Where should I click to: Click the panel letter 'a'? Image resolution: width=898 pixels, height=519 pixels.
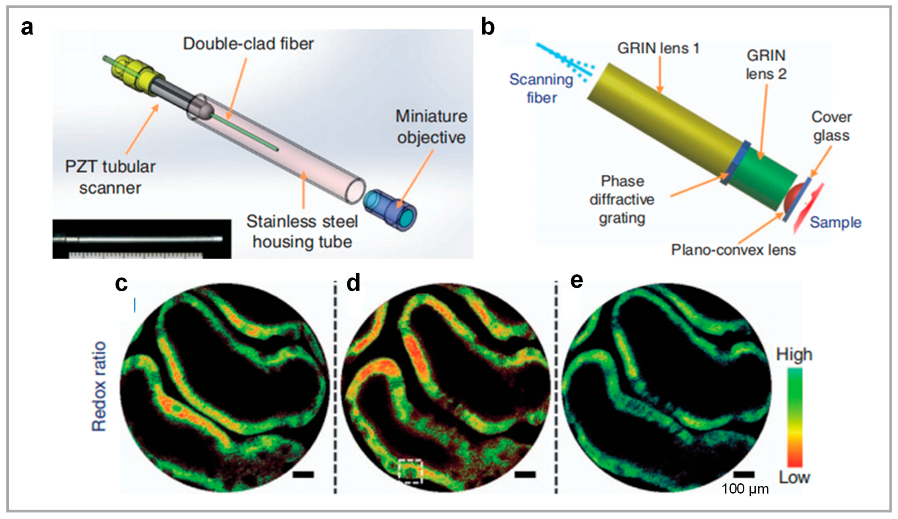point(27,28)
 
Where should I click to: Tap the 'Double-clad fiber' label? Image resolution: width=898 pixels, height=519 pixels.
point(248,44)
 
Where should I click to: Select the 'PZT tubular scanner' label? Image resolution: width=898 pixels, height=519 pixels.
point(110,177)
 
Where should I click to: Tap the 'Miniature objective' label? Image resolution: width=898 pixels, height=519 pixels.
point(431,127)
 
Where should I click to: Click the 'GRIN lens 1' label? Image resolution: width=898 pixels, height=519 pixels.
point(658,48)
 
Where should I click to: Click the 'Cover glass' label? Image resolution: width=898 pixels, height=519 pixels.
point(831,126)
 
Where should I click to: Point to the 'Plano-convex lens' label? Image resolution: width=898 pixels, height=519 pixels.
point(733,250)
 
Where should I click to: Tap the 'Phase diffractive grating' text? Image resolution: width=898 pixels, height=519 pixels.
point(622,199)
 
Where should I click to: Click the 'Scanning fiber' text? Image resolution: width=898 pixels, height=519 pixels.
point(541,88)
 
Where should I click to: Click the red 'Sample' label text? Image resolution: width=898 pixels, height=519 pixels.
point(835,222)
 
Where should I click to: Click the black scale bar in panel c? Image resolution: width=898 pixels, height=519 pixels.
point(303,474)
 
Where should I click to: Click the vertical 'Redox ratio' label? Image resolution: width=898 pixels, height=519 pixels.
point(99,387)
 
